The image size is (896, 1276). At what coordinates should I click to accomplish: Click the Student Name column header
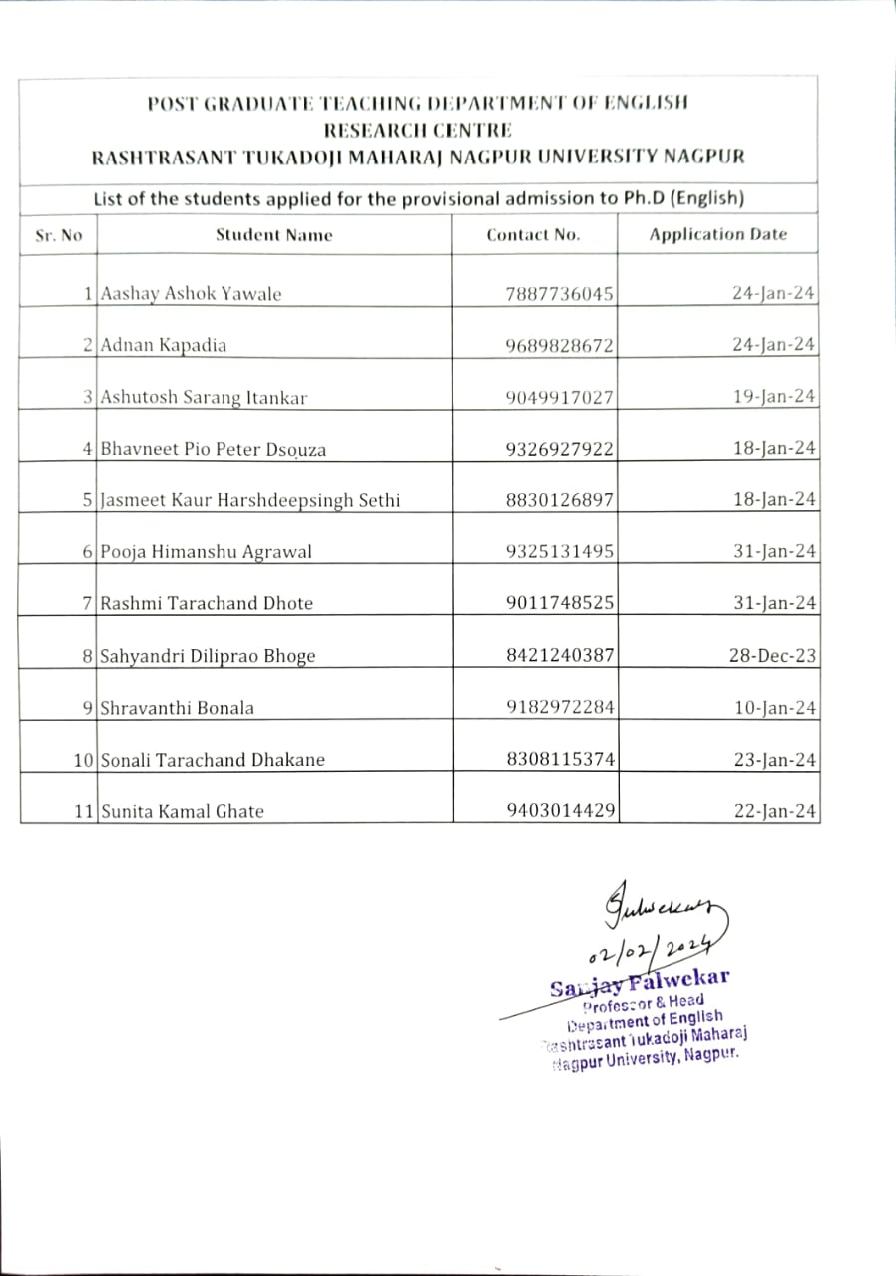click(274, 235)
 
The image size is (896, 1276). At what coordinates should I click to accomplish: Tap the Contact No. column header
click(533, 235)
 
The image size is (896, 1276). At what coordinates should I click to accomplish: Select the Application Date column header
click(717, 235)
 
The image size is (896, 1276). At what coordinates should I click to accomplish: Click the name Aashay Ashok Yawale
click(191, 294)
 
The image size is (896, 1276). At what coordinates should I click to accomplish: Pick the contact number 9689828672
click(560, 346)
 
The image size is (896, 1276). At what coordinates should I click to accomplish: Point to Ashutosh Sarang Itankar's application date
click(774, 397)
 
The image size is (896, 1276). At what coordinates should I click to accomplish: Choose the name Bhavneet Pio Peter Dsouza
click(213, 449)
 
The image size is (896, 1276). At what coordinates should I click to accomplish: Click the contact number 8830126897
click(560, 500)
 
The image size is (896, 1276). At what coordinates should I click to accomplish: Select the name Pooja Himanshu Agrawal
click(206, 552)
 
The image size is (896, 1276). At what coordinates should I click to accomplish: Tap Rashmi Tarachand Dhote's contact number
click(560, 603)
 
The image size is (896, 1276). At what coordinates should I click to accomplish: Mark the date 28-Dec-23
click(774, 656)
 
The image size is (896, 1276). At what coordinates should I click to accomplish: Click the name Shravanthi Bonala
click(177, 708)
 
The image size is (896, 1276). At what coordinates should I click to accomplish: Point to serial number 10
click(84, 760)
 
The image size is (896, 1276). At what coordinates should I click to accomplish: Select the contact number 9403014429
click(560, 811)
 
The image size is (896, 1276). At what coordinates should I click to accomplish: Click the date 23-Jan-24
click(774, 760)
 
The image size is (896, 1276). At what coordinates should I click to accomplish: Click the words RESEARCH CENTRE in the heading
click(417, 130)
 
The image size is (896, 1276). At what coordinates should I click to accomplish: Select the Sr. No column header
click(59, 235)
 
